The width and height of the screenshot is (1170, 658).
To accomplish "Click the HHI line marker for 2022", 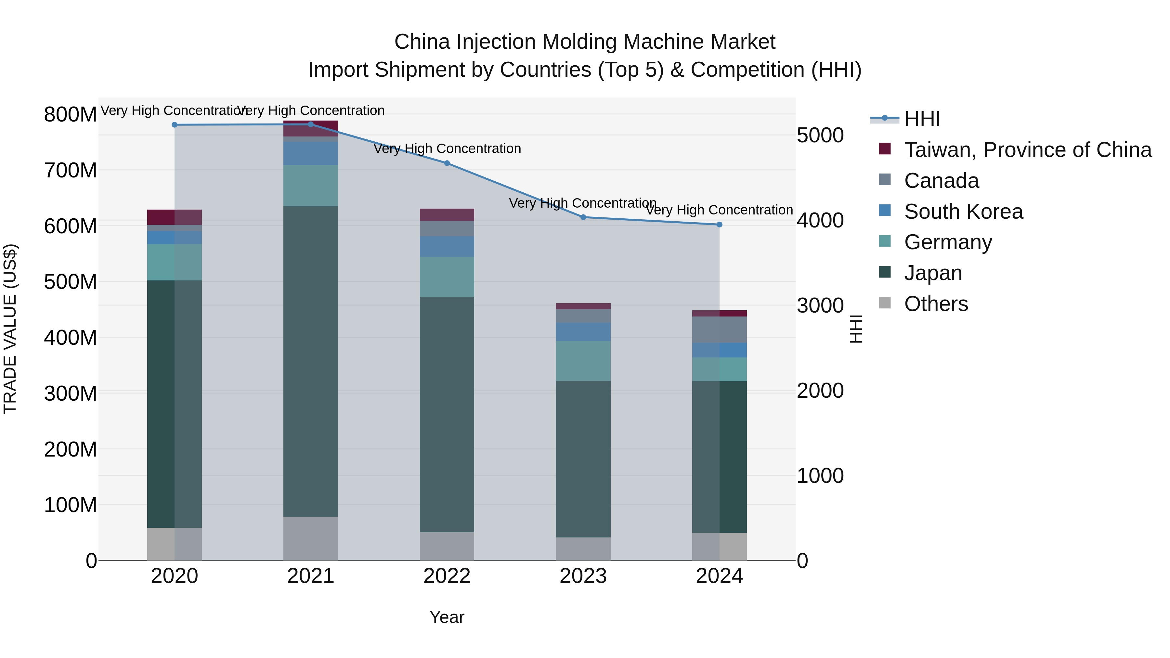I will click(x=447, y=163).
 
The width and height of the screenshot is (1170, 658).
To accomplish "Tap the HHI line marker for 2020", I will click(x=175, y=124).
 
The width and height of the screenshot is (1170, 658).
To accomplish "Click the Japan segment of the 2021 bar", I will click(x=311, y=361).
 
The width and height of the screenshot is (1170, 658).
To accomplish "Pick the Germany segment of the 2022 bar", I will click(x=447, y=277).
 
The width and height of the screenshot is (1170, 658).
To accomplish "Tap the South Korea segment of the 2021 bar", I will click(x=311, y=153).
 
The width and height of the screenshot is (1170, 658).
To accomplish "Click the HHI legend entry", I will click(x=922, y=119).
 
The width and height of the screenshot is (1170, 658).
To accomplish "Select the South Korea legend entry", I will click(x=963, y=212).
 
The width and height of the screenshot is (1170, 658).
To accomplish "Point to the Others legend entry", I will click(x=936, y=304).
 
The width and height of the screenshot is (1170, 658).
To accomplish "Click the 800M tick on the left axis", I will click(x=70, y=114).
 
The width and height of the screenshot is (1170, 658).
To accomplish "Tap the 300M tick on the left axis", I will click(x=70, y=393).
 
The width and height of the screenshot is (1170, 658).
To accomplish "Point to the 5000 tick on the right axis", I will click(x=820, y=135).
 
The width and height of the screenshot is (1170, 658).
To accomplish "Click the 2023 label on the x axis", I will click(x=583, y=576).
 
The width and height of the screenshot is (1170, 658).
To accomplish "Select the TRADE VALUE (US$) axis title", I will click(x=10, y=329).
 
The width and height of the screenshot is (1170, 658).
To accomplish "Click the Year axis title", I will click(x=447, y=617).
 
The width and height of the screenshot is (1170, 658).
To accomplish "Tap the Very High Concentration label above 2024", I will click(x=720, y=210).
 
